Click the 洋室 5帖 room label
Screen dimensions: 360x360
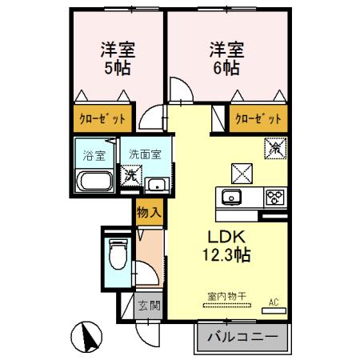coord(118,58)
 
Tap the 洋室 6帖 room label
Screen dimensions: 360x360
coord(224,58)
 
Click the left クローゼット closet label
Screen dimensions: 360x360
coord(102,119)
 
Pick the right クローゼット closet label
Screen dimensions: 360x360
coord(258,119)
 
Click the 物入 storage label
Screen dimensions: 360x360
coord(149,212)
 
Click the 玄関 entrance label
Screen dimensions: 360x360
coord(147,305)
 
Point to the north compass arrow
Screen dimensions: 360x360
coord(90,336)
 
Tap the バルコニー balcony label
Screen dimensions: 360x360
coord(243,337)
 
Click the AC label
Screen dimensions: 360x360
coord(272,302)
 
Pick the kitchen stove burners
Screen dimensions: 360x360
coord(275,197)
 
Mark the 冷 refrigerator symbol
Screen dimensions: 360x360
coord(274,148)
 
